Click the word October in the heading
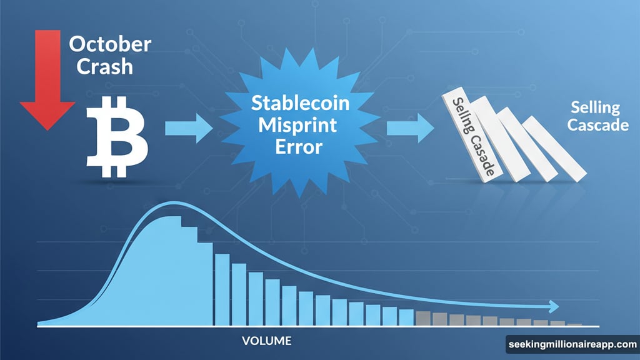point(109,45)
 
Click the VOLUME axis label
point(266,341)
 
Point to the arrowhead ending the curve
point(552,306)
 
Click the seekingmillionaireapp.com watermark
point(572,344)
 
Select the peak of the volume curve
point(170,204)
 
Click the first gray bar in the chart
point(423,318)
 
